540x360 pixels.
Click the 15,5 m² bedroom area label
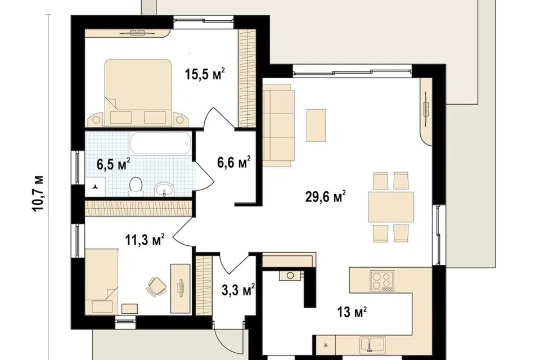(205, 74)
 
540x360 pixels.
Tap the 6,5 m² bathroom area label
(113, 164)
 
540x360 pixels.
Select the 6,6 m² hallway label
(234, 162)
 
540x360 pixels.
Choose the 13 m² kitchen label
(352, 312)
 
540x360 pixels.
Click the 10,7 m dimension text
(39, 193)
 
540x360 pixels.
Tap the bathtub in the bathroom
(160, 143)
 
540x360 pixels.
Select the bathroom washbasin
(164, 189)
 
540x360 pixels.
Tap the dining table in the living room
(391, 207)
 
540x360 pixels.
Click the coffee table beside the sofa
(316, 125)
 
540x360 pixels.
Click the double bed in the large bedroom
(138, 92)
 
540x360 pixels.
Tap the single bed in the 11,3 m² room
(102, 281)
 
